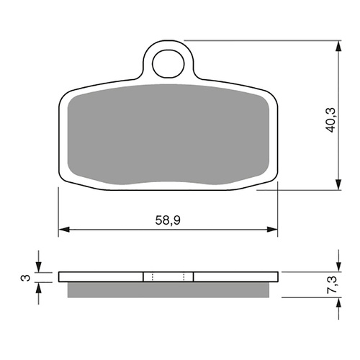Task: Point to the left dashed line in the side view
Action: coord(151,277)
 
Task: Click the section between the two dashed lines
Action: coord(168,277)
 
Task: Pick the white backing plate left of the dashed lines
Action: coord(101,277)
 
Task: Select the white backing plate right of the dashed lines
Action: coord(234,277)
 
